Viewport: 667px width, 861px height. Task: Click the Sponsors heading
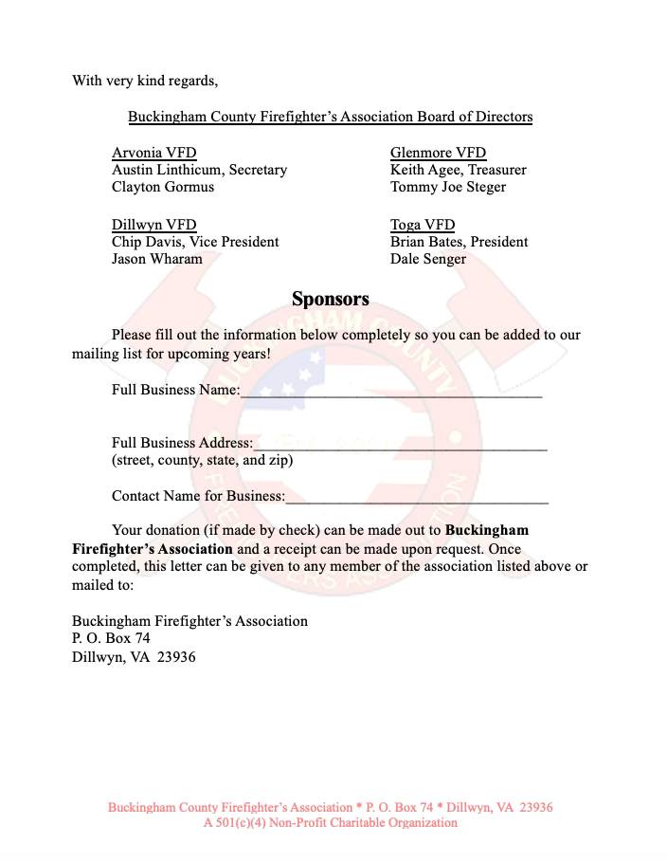tap(330, 300)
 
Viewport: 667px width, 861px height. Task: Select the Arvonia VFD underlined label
tap(153, 153)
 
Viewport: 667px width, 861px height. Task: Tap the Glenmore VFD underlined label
tap(438, 153)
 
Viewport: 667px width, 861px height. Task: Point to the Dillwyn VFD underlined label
tap(153, 225)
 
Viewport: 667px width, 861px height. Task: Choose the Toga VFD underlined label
tap(423, 225)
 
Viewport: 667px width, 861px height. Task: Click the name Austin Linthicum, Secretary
tap(199, 170)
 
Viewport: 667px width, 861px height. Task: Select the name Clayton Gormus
tap(163, 187)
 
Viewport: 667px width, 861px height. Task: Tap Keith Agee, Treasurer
tap(458, 170)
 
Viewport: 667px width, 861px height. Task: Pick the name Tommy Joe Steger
tap(448, 187)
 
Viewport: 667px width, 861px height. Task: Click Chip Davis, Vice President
tap(195, 242)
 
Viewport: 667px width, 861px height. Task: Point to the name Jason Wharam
tap(156, 259)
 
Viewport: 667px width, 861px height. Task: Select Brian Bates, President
tap(459, 242)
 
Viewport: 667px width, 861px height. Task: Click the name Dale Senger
tap(428, 259)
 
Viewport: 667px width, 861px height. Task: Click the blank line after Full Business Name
tap(391, 392)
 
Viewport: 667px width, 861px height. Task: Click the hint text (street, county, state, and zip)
tap(202, 461)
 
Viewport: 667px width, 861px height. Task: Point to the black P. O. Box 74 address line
tap(111, 638)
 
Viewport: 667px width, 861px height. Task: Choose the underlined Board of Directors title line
tap(330, 117)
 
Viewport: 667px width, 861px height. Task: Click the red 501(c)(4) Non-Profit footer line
tap(330, 823)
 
